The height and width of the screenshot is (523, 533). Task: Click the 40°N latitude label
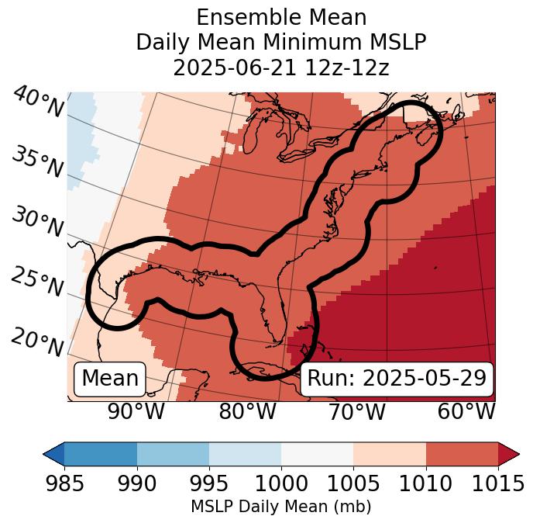pos(38,102)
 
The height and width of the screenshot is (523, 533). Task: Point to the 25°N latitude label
pos(38,282)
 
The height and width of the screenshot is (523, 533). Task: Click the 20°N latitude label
pos(38,342)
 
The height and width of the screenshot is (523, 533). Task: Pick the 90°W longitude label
pos(136,412)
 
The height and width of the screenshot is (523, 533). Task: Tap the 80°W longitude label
pos(247,412)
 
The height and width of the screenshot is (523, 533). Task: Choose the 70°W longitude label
pos(356,412)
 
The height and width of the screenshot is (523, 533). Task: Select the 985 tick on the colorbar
pos(64,483)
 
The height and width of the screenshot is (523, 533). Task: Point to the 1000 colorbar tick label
pos(281,483)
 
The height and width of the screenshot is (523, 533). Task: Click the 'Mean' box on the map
pos(110,379)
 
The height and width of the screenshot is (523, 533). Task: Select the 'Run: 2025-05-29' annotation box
pos(397,379)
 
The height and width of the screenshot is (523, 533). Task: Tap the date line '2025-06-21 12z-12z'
pos(281,68)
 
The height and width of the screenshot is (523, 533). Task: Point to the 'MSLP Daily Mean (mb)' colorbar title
pos(281,507)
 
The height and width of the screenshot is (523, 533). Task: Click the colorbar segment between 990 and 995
pos(173,454)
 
